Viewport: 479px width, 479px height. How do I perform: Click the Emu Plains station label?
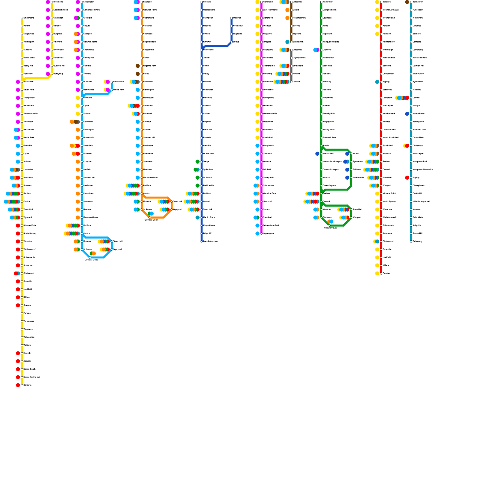(29, 18)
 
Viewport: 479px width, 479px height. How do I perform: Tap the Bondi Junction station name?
(210, 241)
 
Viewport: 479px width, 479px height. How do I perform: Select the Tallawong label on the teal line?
(417, 241)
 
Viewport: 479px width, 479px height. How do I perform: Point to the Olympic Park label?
(299, 58)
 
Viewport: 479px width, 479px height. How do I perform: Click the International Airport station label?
(332, 162)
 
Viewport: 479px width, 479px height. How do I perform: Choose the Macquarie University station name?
(423, 169)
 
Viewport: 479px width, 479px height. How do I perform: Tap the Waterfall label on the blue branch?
(237, 18)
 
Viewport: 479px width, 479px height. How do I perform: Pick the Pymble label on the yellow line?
(27, 313)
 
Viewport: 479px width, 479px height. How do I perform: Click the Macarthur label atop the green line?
(328, 2)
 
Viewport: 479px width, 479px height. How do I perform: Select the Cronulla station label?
(207, 2)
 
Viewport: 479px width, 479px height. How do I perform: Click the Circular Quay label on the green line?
(331, 228)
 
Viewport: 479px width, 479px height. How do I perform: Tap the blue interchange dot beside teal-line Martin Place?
(407, 114)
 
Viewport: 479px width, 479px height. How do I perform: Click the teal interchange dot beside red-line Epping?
(377, 82)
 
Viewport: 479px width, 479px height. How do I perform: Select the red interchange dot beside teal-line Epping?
(407, 178)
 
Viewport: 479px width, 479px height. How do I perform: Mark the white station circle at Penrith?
(22, 26)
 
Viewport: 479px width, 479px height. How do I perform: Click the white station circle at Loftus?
(231, 42)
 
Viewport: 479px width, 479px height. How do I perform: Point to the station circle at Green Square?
(321, 186)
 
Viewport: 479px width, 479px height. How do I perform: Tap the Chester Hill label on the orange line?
(148, 50)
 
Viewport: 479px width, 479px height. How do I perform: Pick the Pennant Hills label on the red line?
(389, 58)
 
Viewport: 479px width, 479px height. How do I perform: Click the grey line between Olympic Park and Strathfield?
(291, 62)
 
